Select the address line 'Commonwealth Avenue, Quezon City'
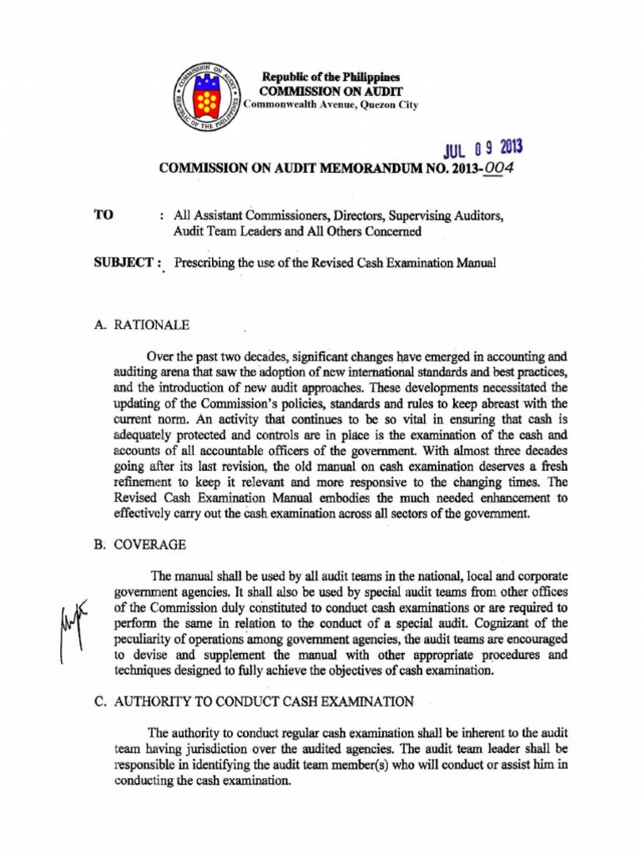point(331,105)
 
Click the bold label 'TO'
point(106,215)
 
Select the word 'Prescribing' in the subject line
point(205,263)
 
